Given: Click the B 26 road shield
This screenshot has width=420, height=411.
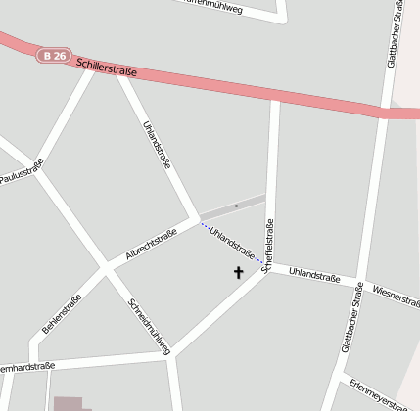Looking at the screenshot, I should point(54,56).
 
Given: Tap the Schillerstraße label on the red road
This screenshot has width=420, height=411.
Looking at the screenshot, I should point(104,66).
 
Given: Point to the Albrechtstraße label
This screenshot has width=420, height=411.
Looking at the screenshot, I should point(151,244).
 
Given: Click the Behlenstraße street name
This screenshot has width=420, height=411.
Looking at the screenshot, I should point(61,311).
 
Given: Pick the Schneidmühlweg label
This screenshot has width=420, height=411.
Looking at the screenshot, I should point(150,326).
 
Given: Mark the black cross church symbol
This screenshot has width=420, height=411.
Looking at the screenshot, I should point(238,272).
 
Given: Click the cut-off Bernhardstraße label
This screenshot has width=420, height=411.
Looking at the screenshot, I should point(24,368).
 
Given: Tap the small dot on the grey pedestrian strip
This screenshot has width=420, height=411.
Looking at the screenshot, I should point(236,205).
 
